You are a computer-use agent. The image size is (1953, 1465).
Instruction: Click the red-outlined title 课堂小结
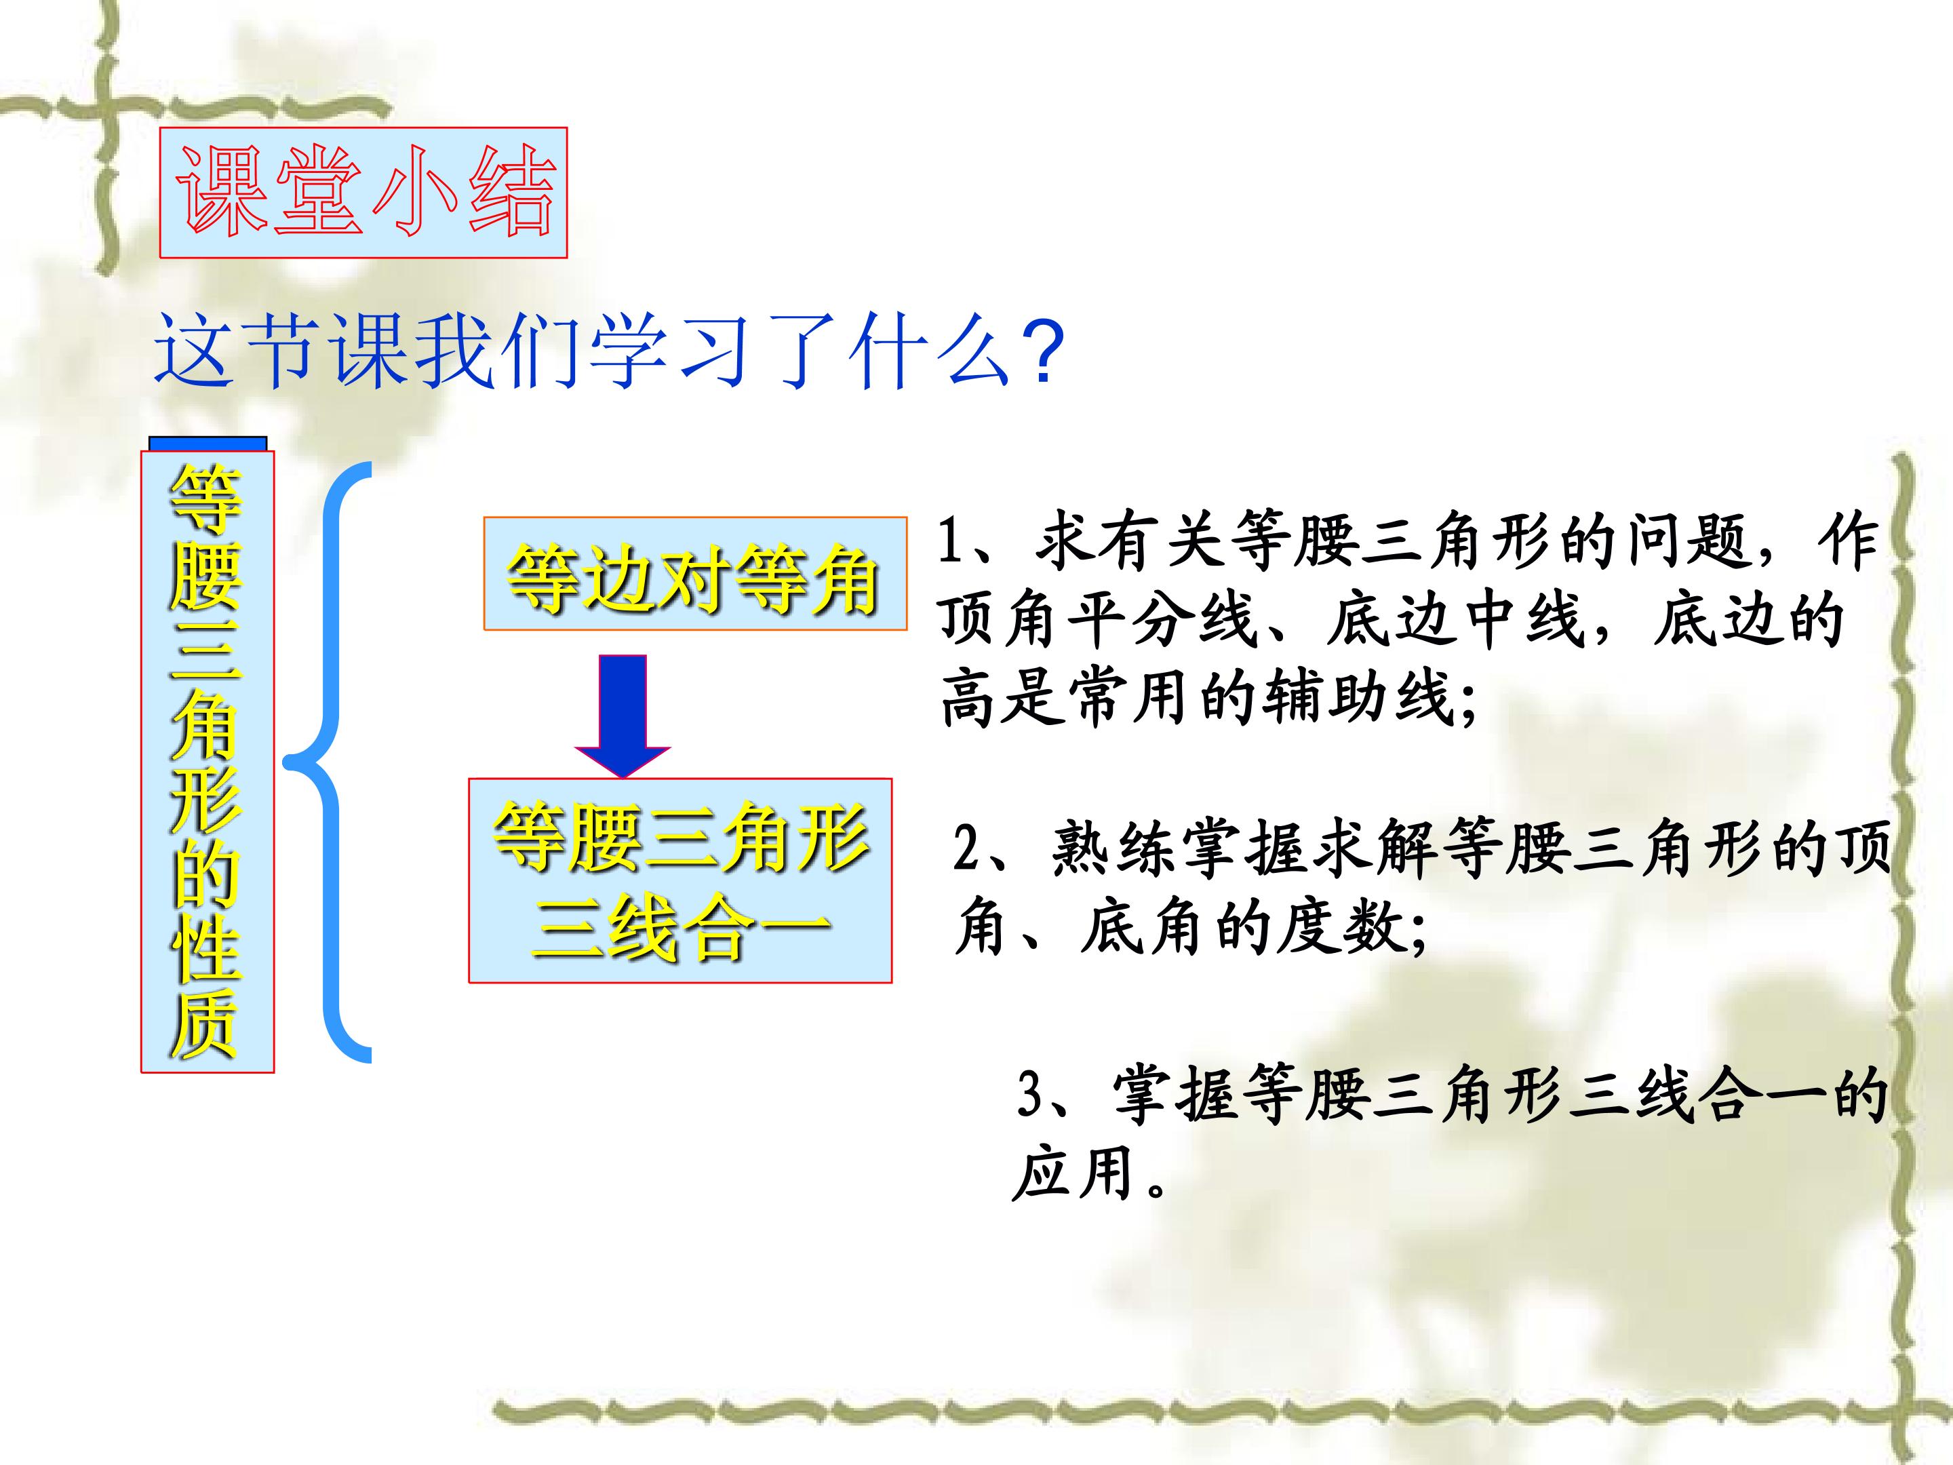[363, 193]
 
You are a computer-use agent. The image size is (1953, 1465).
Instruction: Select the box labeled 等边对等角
[695, 574]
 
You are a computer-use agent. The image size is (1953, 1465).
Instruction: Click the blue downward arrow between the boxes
[623, 716]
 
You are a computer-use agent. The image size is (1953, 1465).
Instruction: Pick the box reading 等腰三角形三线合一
[680, 880]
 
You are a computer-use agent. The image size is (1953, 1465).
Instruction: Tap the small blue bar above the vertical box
[208, 444]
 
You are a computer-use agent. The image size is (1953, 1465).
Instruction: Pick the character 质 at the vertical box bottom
[205, 1023]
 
